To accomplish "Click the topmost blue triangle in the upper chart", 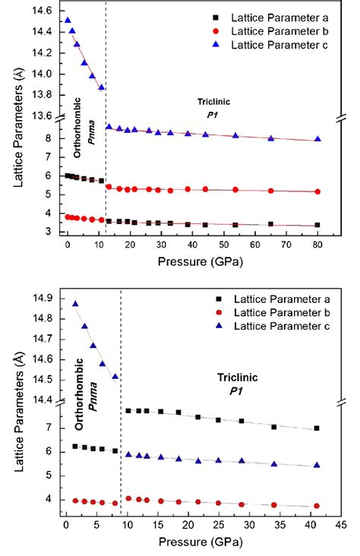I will (x=68, y=21).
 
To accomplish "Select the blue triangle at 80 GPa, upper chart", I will (x=317, y=139).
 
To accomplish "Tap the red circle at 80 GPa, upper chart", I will (x=317, y=191).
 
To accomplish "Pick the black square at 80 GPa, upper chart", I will (x=317, y=225).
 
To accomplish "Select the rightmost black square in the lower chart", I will (x=317, y=428).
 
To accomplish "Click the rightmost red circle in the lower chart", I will (x=317, y=506).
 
